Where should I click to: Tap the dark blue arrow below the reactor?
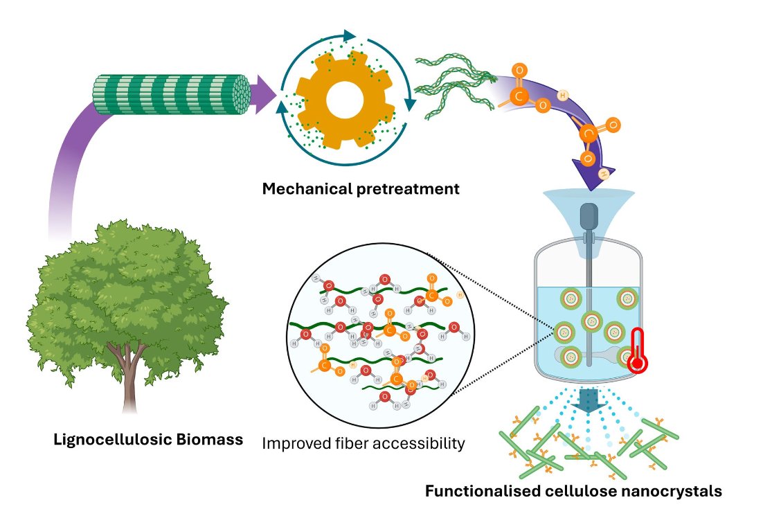(589, 399)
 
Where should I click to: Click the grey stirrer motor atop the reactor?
(589, 217)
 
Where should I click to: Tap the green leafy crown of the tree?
(118, 291)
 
